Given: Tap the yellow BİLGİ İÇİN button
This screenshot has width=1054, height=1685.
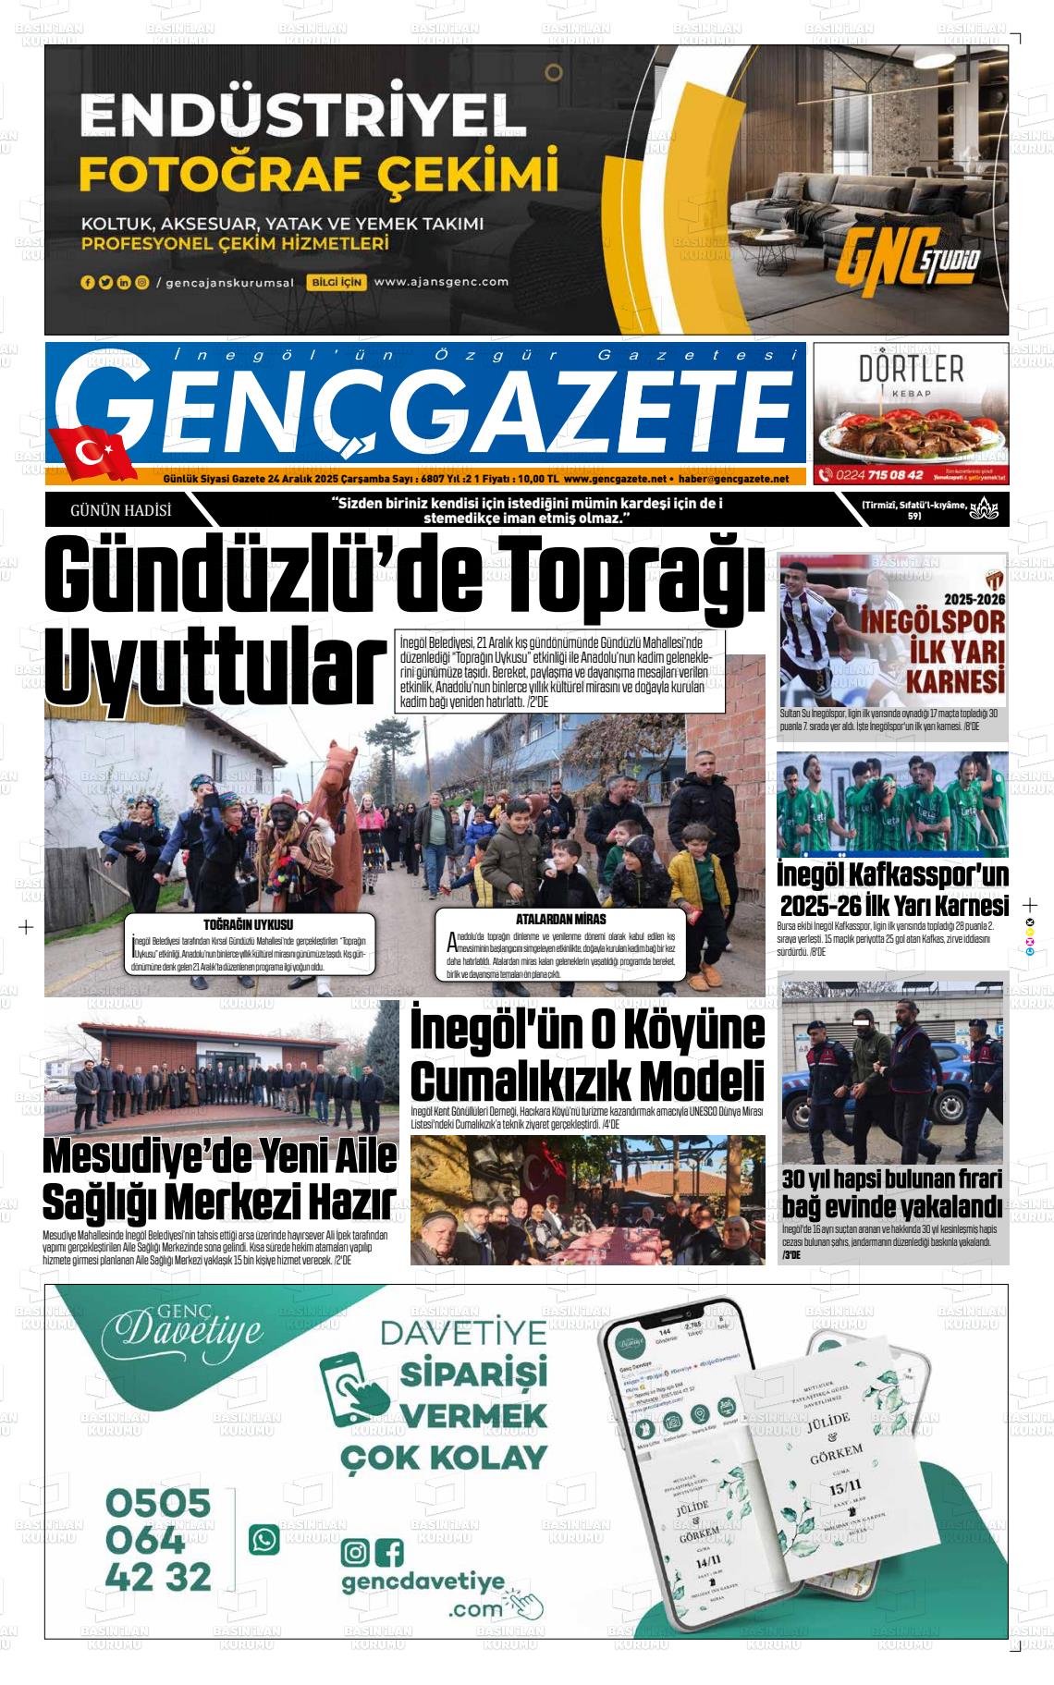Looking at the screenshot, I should [x=337, y=282].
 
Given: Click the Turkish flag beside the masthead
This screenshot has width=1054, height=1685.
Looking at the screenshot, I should [x=93, y=452].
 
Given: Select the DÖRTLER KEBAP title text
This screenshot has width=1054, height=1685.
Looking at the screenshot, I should [x=911, y=370].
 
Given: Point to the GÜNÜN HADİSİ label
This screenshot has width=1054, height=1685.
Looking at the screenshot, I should [x=121, y=509].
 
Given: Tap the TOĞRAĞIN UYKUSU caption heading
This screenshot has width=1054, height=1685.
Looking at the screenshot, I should [x=248, y=924].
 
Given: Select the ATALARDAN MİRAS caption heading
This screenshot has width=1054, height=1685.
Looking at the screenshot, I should [x=560, y=919].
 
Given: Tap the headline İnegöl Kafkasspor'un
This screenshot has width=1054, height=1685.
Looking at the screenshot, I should [x=892, y=874].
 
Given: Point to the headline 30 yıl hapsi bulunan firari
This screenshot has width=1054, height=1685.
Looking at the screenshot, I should [x=892, y=1179].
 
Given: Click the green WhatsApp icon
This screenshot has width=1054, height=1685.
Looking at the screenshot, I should [x=264, y=1539].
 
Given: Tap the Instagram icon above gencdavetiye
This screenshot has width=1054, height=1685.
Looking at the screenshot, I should [x=355, y=1551].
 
